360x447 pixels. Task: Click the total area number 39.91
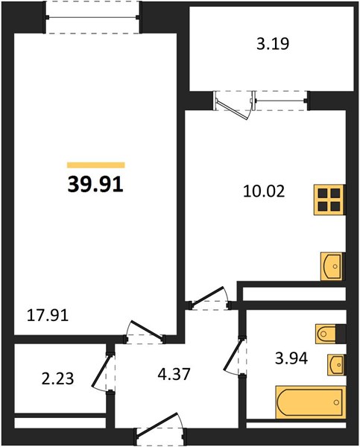pyautogui.click(x=95, y=184)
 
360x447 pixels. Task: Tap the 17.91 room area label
pyautogui.click(x=48, y=316)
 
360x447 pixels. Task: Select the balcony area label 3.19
pyautogui.click(x=273, y=44)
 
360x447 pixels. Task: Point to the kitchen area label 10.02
pyautogui.click(x=264, y=191)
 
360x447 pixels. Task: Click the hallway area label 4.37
pyautogui.click(x=174, y=374)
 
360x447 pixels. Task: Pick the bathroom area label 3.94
pyautogui.click(x=291, y=358)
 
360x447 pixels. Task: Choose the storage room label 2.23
pyautogui.click(x=57, y=379)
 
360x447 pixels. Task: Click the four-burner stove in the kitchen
pyautogui.click(x=329, y=200)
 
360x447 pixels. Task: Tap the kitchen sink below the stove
pyautogui.click(x=332, y=266)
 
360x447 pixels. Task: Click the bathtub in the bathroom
pyautogui.click(x=311, y=402)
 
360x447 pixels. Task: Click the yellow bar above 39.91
pyautogui.click(x=96, y=165)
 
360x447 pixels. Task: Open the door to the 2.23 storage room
pyautogui.click(x=104, y=372)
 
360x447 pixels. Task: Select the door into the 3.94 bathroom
pyautogui.click(x=235, y=356)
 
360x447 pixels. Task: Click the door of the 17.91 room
pyautogui.click(x=145, y=332)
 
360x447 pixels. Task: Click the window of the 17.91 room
pyautogui.click(x=92, y=17)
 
